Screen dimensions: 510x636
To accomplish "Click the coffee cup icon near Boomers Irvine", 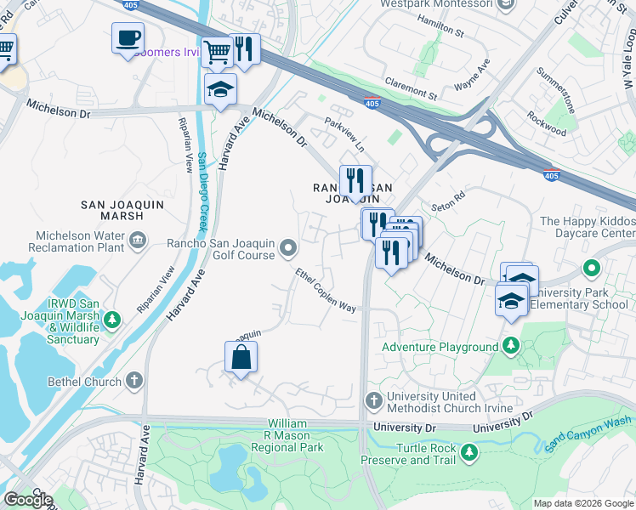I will (x=128, y=38).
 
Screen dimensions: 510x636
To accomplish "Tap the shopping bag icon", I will (x=241, y=357).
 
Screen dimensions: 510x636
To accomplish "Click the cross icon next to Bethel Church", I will (x=134, y=381).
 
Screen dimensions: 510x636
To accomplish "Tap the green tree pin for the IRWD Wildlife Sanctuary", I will (x=111, y=321).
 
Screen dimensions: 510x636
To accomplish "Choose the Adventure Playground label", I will (x=440, y=347).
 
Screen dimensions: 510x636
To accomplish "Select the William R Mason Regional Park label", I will (x=296, y=434).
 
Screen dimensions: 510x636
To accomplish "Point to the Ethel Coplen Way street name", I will (x=326, y=290).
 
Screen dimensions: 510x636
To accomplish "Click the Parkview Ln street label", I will (x=344, y=134).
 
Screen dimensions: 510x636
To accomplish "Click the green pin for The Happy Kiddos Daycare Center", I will (x=592, y=269).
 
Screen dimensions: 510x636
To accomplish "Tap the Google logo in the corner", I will (x=27, y=500).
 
